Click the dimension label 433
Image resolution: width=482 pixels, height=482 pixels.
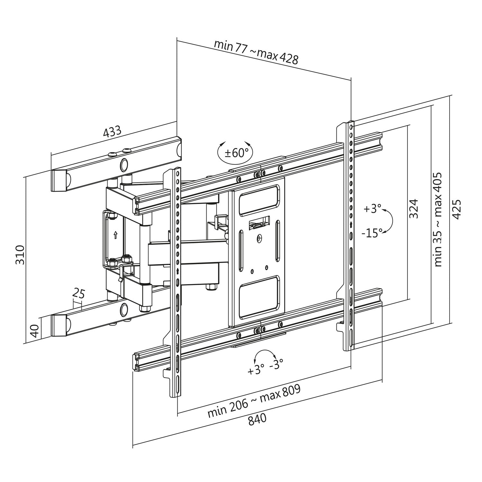[112, 132]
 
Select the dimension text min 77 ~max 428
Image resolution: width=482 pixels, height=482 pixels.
[256, 52]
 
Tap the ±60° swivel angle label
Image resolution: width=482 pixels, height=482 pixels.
[236, 153]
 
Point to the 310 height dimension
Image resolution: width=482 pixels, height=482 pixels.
[20, 254]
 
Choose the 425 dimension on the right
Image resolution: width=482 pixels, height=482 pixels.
[456, 209]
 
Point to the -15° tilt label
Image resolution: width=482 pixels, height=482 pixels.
[371, 233]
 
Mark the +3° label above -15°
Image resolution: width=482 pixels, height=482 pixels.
[372, 209]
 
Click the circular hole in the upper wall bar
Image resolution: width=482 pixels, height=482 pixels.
[124, 165]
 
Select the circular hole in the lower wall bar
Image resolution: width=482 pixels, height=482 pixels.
[124, 309]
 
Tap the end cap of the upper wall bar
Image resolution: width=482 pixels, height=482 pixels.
[59, 181]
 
